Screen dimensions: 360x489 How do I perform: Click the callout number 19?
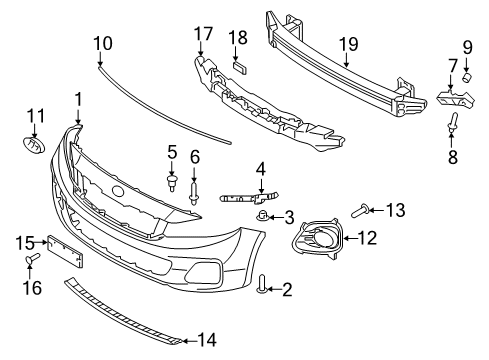tap(347, 44)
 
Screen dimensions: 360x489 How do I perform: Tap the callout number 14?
tap(207, 340)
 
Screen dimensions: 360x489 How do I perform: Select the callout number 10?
tap(103, 44)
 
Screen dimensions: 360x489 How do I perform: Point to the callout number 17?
tap(204, 34)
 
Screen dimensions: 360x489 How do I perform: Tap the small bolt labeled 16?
tap(31, 260)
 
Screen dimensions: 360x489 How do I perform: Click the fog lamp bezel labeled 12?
tap(319, 239)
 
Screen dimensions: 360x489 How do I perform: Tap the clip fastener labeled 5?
tap(172, 183)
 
